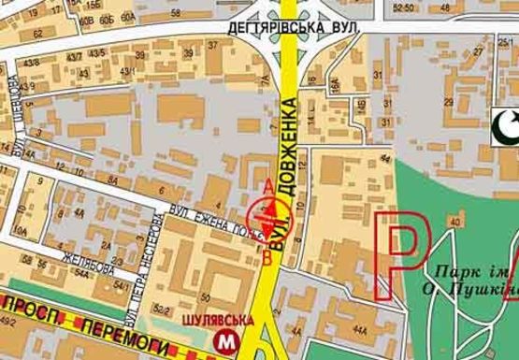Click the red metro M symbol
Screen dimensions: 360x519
(x=225, y=338)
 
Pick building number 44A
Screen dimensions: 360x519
(x=360, y=328)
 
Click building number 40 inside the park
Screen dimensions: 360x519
(x=454, y=222)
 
